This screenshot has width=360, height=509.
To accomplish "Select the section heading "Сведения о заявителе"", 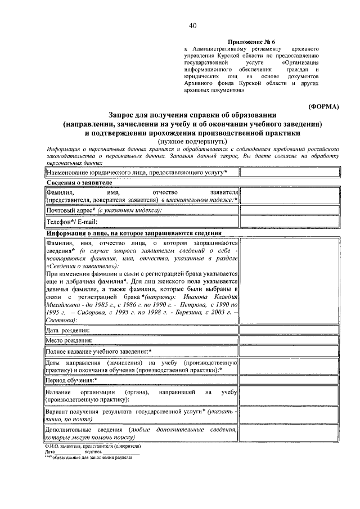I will [79, 183].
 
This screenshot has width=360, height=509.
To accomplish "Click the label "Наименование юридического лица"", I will [137, 172].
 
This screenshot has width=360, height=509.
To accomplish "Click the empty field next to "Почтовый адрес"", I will [290, 210].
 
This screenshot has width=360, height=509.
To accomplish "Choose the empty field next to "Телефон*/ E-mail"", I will [290, 222].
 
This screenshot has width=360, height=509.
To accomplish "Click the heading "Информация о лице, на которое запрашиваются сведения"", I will [134, 233].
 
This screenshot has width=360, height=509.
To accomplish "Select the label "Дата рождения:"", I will [67, 330].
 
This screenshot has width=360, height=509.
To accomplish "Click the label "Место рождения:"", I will [69, 340].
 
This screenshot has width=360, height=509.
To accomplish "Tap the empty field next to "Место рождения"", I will [290, 340].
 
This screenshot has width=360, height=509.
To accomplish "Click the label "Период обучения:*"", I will [73, 380].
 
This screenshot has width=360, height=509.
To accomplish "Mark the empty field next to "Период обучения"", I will [290, 380].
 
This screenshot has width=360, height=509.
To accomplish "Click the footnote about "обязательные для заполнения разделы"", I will [88, 457].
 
